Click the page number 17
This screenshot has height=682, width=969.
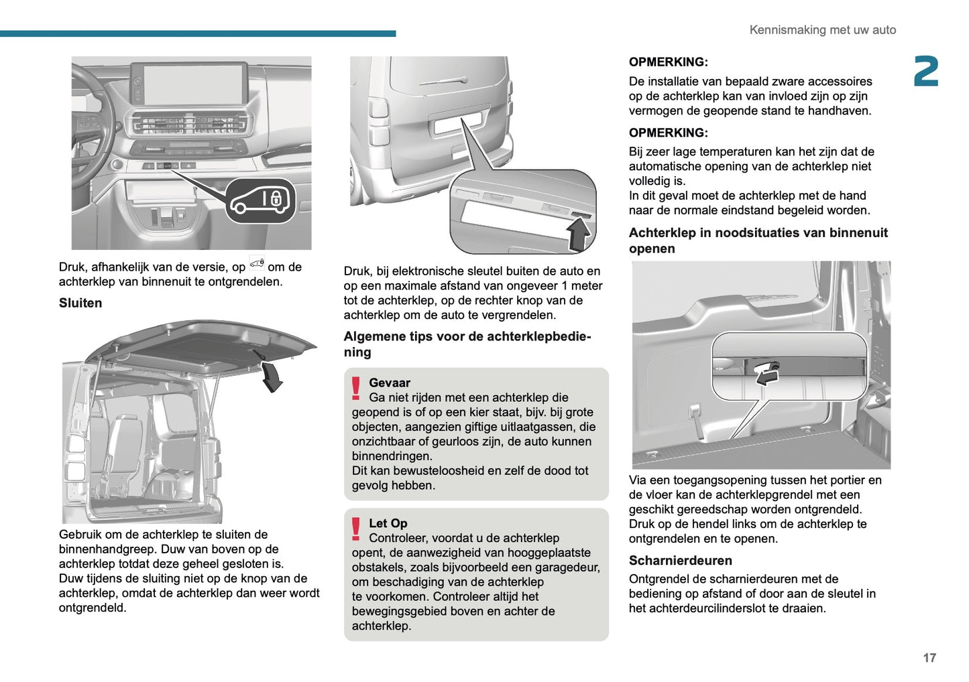click(x=929, y=658)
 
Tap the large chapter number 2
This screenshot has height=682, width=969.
click(x=926, y=72)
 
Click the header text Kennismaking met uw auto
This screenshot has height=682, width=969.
click(x=822, y=30)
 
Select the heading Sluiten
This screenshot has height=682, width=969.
click(x=80, y=303)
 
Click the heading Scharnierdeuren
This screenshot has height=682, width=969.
click(x=680, y=560)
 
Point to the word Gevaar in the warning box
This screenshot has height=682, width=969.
click(x=389, y=383)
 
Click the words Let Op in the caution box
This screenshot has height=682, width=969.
click(x=388, y=523)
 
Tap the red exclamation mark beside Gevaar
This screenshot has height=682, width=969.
click(x=356, y=389)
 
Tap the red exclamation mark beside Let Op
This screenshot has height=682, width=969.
click(x=356, y=529)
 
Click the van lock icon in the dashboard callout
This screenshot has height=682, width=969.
click(x=260, y=200)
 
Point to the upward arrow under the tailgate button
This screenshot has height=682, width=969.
click(x=578, y=235)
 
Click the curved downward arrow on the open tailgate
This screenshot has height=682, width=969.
click(x=271, y=375)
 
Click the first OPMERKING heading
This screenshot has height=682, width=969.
click(x=668, y=62)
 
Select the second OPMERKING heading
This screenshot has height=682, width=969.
click(x=668, y=133)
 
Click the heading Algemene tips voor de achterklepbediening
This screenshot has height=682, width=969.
click(x=467, y=344)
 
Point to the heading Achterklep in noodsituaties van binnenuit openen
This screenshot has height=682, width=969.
click(x=758, y=241)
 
